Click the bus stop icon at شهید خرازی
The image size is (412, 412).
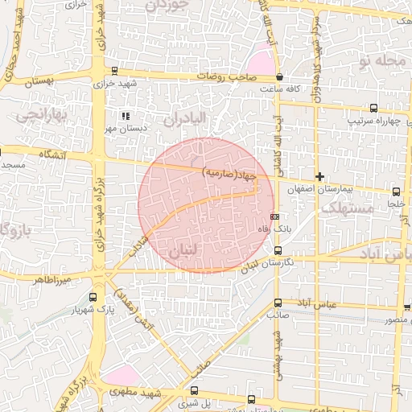(x=114, y=71)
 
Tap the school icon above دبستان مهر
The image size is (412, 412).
(x=124, y=116)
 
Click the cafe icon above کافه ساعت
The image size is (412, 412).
(x=278, y=76)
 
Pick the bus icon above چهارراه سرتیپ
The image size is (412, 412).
(x=373, y=108)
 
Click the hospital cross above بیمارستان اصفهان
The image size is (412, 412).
(x=320, y=175)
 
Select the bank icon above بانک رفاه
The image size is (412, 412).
(x=275, y=216)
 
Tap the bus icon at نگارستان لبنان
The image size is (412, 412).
(x=278, y=250)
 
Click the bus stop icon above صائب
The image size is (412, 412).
(x=278, y=303)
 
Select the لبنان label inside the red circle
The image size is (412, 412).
(x=183, y=252)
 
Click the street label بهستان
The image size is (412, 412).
(x=38, y=82)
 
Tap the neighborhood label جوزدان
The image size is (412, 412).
(x=167, y=6)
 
